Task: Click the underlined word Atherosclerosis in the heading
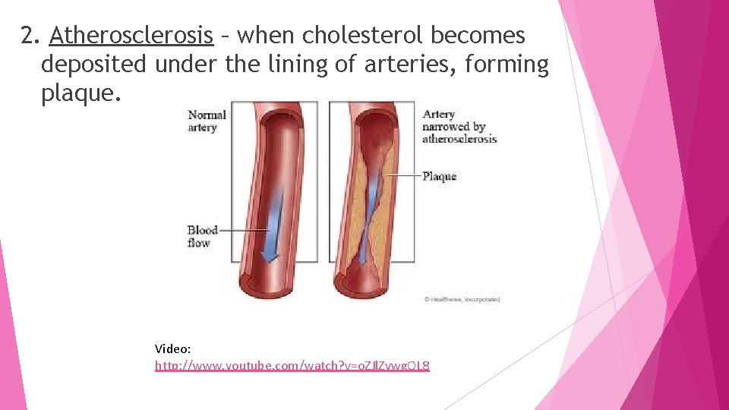point(131,36)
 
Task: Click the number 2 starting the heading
point(28,36)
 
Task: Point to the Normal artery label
point(207,121)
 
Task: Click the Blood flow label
point(202,236)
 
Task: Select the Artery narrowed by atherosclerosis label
point(459,126)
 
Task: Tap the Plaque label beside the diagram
point(439,176)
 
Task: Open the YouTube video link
point(292,366)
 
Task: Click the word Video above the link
point(172,348)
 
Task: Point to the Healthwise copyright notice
point(461,299)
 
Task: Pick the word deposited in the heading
point(93,65)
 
